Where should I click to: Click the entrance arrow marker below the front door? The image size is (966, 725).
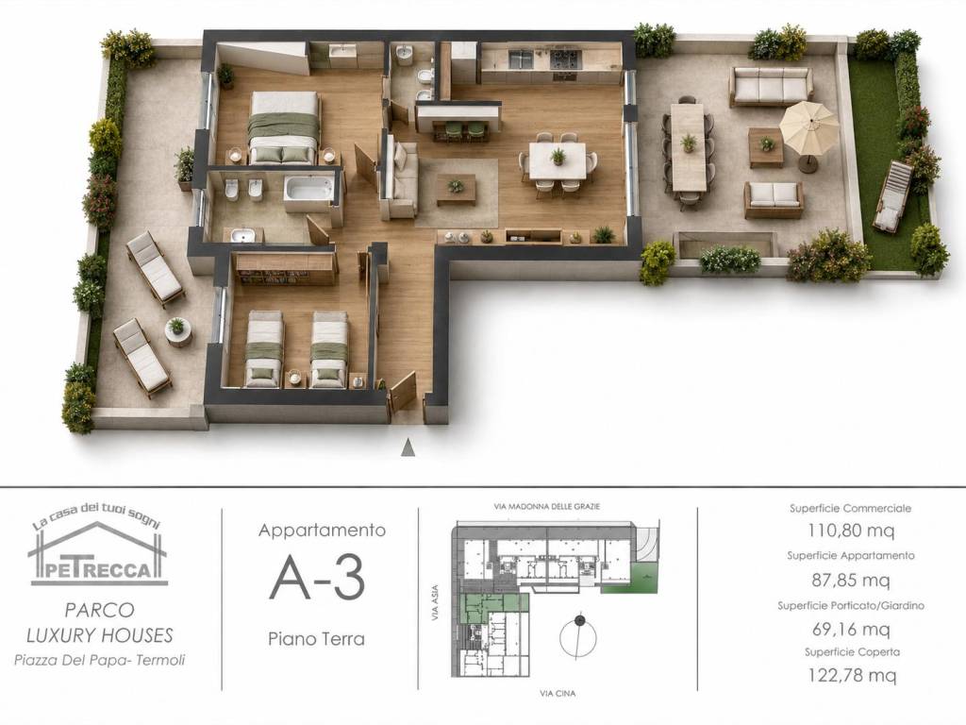(408, 448)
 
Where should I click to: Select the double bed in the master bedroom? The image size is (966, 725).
(284, 127)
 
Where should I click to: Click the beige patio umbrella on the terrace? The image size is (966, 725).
(808, 126)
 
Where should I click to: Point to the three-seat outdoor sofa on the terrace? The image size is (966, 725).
(772, 86)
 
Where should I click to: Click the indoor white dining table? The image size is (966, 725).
(558, 160)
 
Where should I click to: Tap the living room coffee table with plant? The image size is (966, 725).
(456, 189)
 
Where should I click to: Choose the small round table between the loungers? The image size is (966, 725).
(176, 331)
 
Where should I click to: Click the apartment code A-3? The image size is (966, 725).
(317, 578)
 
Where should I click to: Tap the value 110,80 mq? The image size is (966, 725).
(851, 530)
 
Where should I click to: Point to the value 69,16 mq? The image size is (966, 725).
(851, 630)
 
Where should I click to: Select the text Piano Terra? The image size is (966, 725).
(316, 639)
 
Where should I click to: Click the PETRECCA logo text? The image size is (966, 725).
(98, 569)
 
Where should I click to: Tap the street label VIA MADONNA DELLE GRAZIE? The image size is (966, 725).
(546, 507)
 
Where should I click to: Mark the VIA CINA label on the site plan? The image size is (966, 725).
(558, 694)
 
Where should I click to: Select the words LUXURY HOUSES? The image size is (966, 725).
(100, 635)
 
